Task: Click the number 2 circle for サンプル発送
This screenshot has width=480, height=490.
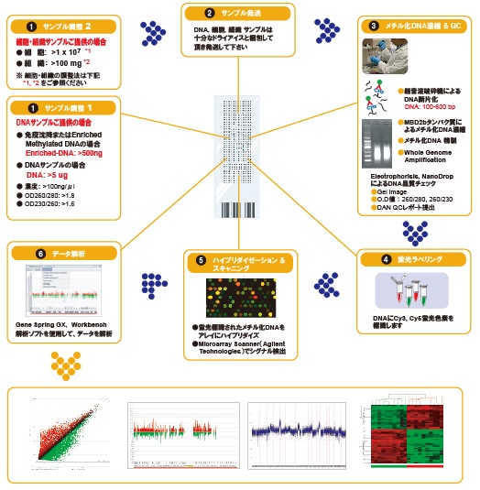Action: click(x=209, y=13)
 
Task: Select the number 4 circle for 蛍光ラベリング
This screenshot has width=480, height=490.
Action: click(x=388, y=259)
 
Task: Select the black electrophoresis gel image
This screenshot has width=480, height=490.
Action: click(x=378, y=147)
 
